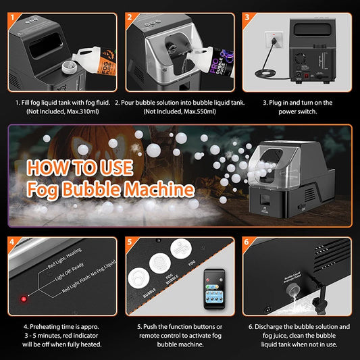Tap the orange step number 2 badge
tap(130, 16)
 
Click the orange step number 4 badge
tap(13, 241)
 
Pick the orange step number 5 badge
tap(130, 241)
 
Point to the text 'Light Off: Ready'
tap(70, 277)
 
